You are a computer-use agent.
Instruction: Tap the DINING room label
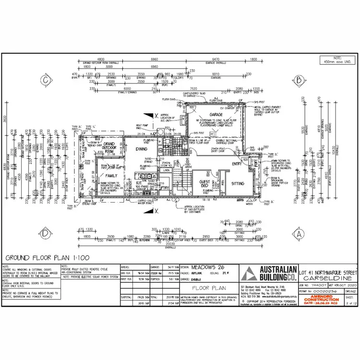coord(141,149)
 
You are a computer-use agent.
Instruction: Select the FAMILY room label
coord(111,176)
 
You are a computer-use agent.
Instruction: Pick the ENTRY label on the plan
coord(236,164)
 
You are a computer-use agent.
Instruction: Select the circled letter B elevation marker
coord(298,80)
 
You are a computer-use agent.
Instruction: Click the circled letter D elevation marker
coord(45,234)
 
